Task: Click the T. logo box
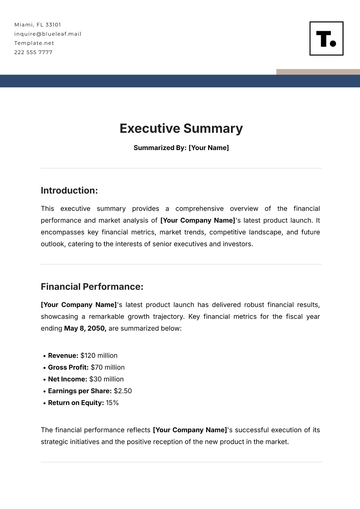(x=326, y=38)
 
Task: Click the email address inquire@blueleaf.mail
(x=48, y=34)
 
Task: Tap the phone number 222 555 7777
(x=33, y=52)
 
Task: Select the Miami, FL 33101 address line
(x=37, y=25)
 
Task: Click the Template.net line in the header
(x=34, y=43)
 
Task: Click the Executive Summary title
(x=181, y=128)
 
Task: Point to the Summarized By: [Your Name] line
(x=181, y=148)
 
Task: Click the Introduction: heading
(x=69, y=191)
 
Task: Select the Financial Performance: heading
(x=92, y=287)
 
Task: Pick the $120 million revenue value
(x=99, y=356)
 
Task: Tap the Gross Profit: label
(x=68, y=367)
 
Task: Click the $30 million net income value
(x=106, y=379)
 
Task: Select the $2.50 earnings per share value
(x=123, y=391)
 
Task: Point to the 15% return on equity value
(x=112, y=403)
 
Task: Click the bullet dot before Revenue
(x=45, y=356)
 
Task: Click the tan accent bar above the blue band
(x=318, y=72)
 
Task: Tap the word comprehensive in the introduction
(x=199, y=209)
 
